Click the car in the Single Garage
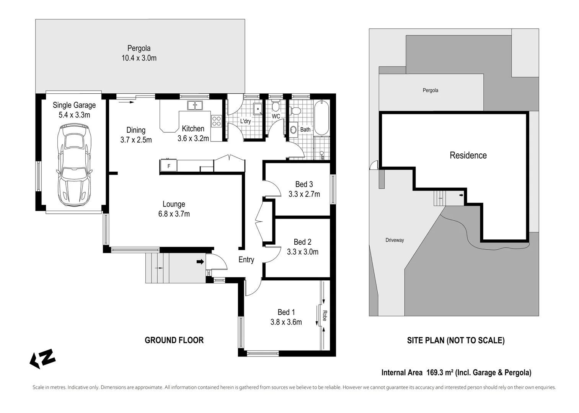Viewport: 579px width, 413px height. point(74,165)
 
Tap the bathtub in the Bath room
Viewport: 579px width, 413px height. point(321,118)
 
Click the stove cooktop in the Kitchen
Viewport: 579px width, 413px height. point(216,121)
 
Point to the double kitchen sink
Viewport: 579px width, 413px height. point(195,105)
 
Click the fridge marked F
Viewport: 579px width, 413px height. point(168,166)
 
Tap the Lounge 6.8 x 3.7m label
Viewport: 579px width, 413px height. point(174,209)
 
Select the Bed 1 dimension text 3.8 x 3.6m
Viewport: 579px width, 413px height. point(286,322)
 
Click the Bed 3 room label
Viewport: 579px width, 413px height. point(304,184)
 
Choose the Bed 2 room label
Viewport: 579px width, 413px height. point(302,242)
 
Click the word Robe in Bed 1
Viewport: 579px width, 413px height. point(325,315)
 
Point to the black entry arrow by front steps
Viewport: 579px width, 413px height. point(200,262)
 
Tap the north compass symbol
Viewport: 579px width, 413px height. point(42,359)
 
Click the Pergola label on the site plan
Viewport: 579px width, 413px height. point(430,91)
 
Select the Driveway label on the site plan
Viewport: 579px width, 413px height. point(395,240)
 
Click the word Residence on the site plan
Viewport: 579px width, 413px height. point(468,155)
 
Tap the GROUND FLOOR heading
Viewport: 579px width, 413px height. point(174,340)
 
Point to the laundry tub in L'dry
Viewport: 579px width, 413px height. point(258,109)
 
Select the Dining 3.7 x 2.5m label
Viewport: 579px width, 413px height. point(136,135)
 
